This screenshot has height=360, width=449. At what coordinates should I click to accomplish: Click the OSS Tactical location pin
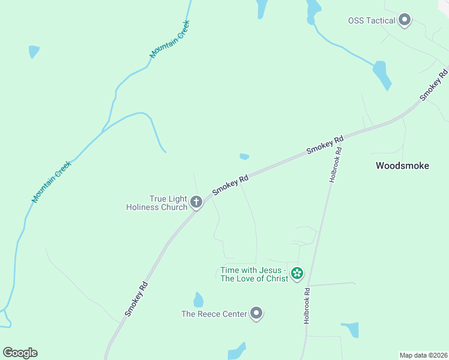[405, 20]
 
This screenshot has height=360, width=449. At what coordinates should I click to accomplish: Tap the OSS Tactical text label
[372, 20]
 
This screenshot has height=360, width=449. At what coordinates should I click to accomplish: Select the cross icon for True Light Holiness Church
[196, 202]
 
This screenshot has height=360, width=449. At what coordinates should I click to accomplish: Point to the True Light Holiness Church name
[157, 203]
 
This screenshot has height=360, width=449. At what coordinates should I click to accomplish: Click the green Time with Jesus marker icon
[297, 274]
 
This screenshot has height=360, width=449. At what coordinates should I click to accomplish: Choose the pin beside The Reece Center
[257, 313]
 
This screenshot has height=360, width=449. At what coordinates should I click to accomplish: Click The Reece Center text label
[214, 314]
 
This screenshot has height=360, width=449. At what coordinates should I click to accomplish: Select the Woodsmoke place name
[402, 166]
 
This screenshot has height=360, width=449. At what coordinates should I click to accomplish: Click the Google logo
[20, 353]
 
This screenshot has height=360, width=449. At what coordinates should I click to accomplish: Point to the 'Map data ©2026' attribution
[423, 355]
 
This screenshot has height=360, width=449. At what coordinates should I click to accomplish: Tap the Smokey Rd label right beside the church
[230, 185]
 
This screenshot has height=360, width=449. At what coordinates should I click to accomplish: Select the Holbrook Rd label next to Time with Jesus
[307, 306]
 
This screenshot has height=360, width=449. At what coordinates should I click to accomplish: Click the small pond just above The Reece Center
[199, 299]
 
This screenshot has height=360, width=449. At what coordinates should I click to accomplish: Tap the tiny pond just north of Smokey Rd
[244, 157]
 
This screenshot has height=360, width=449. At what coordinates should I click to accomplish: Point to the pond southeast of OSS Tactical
[381, 74]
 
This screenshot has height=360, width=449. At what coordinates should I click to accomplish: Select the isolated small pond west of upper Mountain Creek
[34, 52]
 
